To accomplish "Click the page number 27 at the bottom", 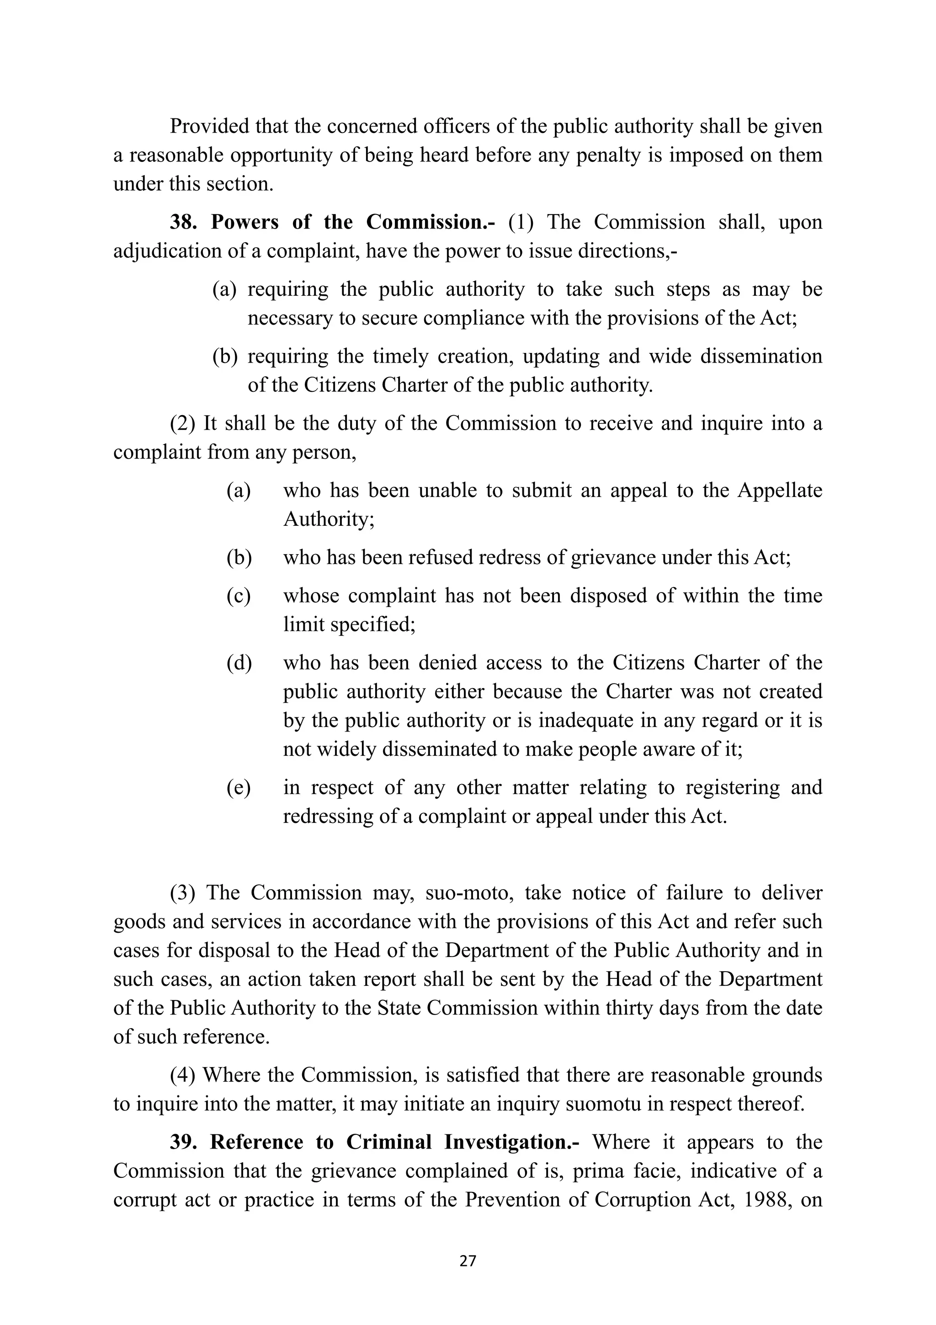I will (468, 1261).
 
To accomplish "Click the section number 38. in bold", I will (183, 222).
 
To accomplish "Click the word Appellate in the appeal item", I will (780, 491).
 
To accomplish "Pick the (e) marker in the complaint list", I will (238, 788).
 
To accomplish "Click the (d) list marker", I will (239, 663).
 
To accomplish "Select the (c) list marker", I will (238, 596).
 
